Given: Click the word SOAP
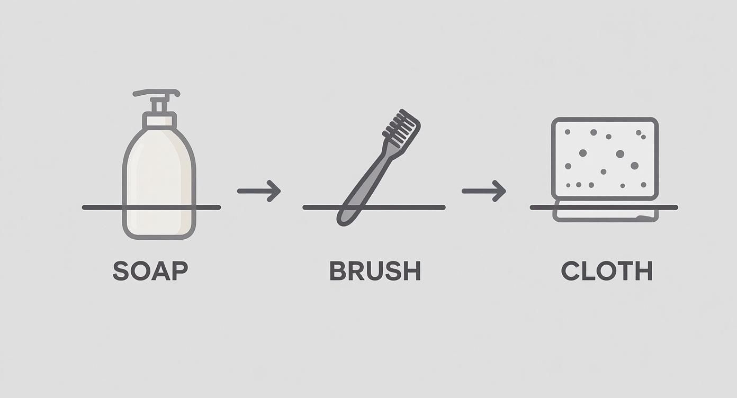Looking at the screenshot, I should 150,271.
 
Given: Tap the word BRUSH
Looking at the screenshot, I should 375,271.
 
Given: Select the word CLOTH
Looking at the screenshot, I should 606,271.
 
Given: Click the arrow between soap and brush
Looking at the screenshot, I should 259,191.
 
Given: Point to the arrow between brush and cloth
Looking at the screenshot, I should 483,191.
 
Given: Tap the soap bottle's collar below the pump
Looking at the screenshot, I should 159,121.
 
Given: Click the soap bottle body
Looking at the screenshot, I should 159,175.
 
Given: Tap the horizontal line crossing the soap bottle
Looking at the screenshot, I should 101,207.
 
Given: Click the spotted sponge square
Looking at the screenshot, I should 605,159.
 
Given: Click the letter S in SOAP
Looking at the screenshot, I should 121,271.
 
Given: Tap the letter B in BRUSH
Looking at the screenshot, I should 337,271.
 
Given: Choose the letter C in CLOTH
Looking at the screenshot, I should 571,271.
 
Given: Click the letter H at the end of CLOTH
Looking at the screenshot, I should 643,271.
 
